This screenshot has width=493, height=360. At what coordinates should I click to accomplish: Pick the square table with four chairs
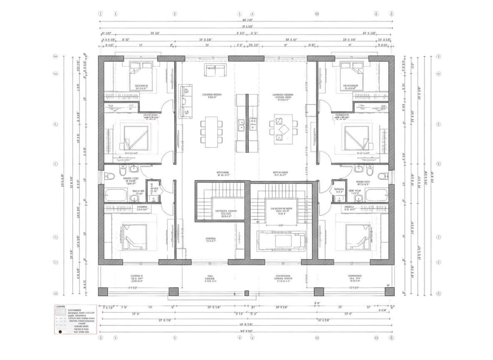click(283, 129)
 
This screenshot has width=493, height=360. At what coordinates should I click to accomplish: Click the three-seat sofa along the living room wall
click(185, 101)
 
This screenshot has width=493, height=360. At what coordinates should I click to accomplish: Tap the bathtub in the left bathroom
click(117, 195)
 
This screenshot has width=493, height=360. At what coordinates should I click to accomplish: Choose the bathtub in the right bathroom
click(377, 195)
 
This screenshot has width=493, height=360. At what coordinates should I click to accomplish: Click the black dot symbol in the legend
click(60, 332)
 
